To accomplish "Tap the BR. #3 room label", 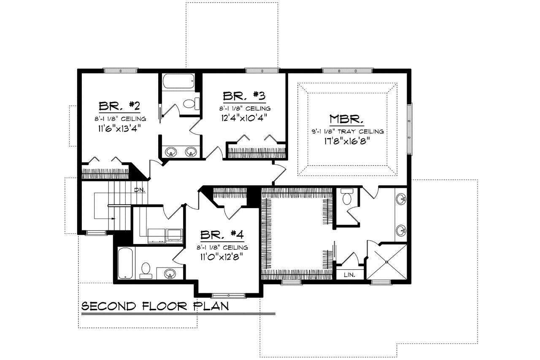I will click(x=244, y=95).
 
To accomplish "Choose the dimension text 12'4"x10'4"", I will click(x=244, y=118).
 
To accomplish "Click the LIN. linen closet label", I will click(x=349, y=275).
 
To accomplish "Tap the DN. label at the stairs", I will click(x=140, y=190).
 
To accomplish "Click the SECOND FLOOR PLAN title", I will click(x=155, y=306).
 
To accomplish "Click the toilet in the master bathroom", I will click(x=347, y=197).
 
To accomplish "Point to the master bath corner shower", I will click(x=387, y=262).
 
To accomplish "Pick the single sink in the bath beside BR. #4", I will click(x=170, y=273).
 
